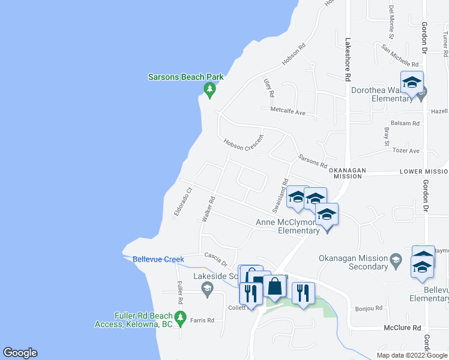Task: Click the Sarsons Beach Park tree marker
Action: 209,91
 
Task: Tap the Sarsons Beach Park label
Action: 186,77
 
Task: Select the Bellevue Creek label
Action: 158,259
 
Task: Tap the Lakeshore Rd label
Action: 347,60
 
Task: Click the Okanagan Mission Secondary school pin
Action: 395,259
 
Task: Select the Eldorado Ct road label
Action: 182,202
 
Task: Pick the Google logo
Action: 20,353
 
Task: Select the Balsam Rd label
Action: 405,122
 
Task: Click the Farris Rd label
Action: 202,320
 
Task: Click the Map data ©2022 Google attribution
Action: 411,355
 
